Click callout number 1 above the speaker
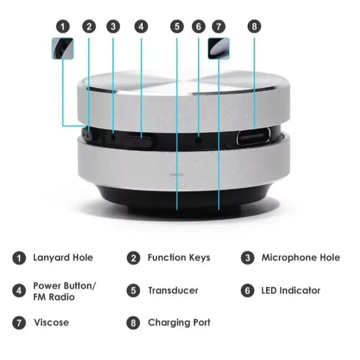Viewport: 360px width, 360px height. (x=63, y=26)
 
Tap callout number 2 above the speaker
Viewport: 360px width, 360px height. (x=89, y=26)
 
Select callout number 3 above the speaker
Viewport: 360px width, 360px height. (x=113, y=26)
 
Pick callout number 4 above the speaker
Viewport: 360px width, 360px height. (x=141, y=26)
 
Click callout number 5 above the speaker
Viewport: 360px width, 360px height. (x=177, y=26)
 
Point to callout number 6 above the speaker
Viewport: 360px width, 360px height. (x=198, y=26)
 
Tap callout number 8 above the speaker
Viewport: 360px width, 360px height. (x=254, y=26)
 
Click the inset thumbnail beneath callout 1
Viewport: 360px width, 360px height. (x=63, y=48)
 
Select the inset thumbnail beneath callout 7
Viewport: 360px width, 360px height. (x=218, y=48)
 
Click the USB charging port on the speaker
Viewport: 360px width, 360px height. (x=253, y=137)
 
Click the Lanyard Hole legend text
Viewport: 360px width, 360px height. (x=63, y=258)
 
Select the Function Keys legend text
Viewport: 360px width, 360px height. (x=178, y=258)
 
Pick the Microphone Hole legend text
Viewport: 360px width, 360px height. (x=300, y=258)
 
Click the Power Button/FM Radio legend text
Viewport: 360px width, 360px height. (x=64, y=291)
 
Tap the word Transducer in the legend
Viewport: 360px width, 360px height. (x=173, y=291)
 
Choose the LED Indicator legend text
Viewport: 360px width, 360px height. (x=291, y=291)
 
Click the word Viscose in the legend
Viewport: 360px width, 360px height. (x=51, y=323)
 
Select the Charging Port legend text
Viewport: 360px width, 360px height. (x=179, y=323)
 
